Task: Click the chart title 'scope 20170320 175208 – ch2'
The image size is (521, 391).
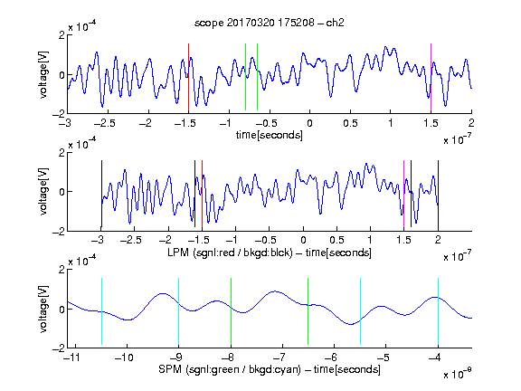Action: click(x=270, y=23)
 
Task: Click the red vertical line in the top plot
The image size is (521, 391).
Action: click(x=188, y=77)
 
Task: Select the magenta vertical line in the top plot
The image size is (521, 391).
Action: click(x=431, y=77)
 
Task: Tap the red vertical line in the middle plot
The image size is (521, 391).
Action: click(x=202, y=194)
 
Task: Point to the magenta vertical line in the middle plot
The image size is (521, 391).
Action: click(x=404, y=194)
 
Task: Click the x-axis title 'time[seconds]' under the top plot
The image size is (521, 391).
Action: click(x=270, y=135)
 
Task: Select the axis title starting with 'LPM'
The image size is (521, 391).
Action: click(x=270, y=253)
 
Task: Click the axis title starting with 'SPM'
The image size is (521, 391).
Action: click(x=270, y=369)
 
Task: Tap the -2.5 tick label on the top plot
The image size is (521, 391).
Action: click(x=104, y=123)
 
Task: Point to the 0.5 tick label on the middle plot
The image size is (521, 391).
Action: click(x=336, y=240)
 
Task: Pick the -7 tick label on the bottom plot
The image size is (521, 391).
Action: click(x=279, y=358)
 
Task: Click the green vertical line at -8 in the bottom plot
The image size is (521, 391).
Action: click(x=231, y=311)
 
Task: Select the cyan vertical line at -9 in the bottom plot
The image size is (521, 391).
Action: click(x=179, y=311)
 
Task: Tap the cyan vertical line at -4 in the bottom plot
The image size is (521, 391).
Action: click(x=439, y=311)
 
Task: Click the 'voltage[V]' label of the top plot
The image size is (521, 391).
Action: click(x=43, y=74)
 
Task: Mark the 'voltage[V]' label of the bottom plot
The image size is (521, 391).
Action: click(x=43, y=309)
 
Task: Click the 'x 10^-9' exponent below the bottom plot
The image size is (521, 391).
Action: click(x=458, y=373)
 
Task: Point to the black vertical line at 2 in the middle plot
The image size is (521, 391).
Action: click(x=439, y=194)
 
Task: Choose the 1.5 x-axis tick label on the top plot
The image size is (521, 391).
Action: click(x=431, y=123)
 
